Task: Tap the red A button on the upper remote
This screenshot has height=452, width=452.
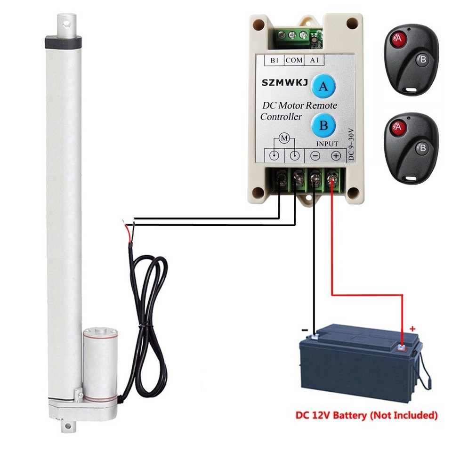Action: tap(398, 40)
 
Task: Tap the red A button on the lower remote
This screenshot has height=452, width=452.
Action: tap(398, 128)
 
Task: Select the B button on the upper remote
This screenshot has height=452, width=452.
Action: tap(422, 60)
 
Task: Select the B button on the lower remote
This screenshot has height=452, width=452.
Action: tap(422, 148)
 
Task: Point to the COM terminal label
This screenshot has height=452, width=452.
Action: tap(294, 60)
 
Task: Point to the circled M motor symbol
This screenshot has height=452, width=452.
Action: tap(284, 138)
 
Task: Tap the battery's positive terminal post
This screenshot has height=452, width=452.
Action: tap(401, 348)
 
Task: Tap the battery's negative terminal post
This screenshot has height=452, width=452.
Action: tap(315, 338)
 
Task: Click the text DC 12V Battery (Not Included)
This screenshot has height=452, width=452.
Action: tap(366, 416)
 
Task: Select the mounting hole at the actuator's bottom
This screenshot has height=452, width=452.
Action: tap(67, 427)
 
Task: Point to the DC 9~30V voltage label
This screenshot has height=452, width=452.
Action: tap(351, 144)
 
